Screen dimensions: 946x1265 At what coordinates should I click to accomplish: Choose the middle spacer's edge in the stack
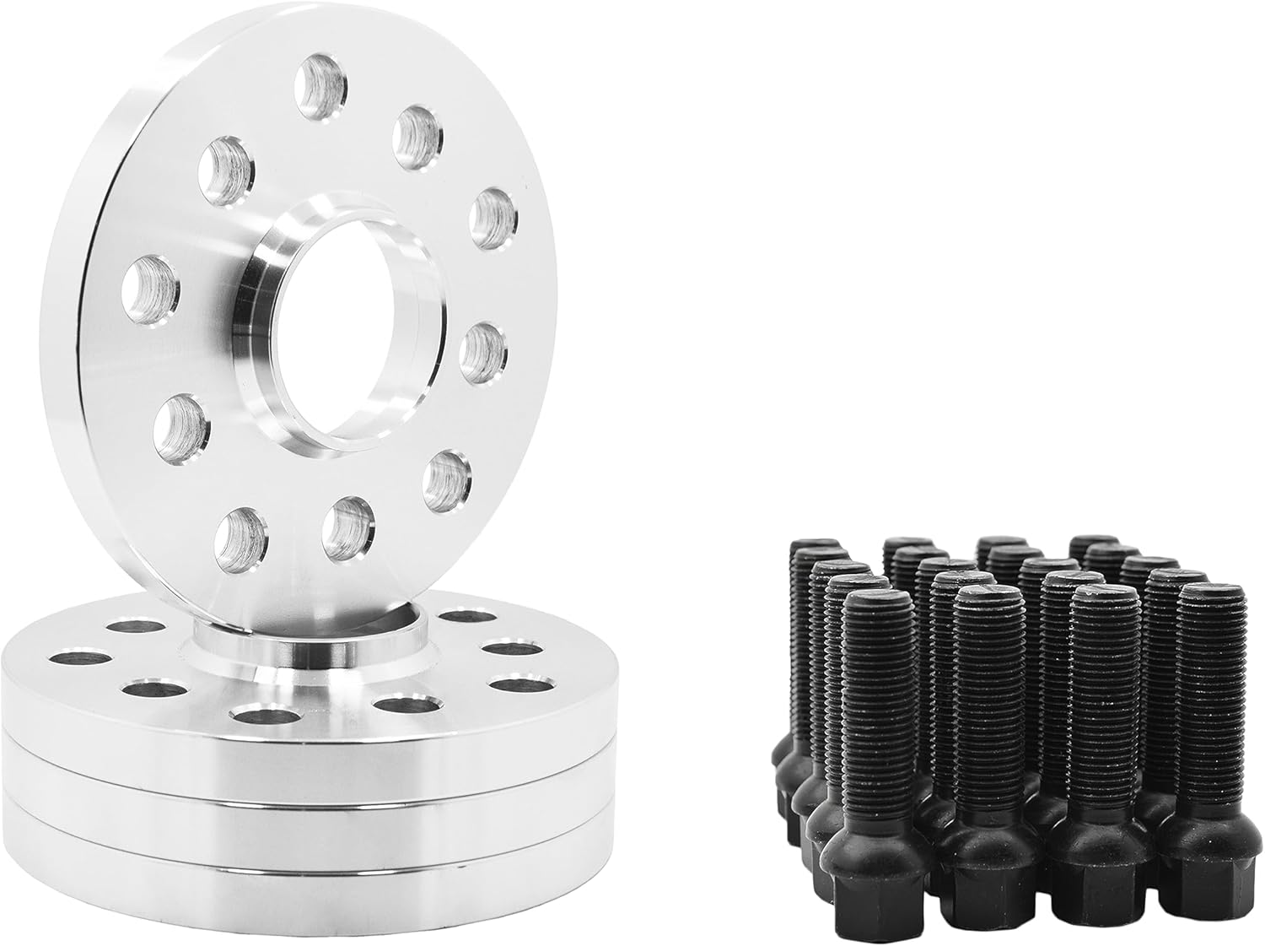[x=253, y=810]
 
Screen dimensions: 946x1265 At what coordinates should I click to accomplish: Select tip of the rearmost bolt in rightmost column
[x=1095, y=540]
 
